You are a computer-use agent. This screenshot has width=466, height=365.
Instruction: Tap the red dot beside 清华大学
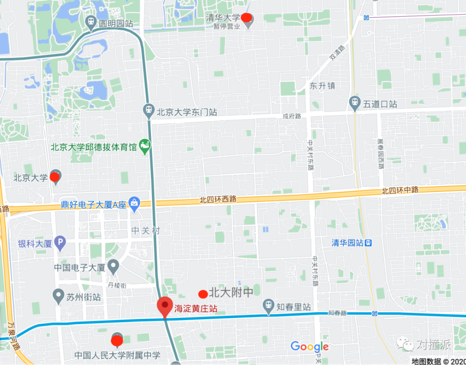(x=247, y=18)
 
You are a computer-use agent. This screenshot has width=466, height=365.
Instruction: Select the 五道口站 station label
(x=380, y=104)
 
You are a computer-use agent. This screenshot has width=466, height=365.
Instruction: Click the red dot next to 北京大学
(x=55, y=177)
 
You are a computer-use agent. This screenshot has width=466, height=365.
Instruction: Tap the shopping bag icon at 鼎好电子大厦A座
(x=134, y=204)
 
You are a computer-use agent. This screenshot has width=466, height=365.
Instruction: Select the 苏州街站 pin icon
(x=58, y=296)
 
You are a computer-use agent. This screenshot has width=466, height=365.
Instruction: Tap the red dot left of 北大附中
(x=203, y=294)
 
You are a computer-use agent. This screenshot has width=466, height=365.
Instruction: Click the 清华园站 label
(x=347, y=243)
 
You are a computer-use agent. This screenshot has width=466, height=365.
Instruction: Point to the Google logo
(x=309, y=347)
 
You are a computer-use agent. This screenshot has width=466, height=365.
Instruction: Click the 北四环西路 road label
(x=218, y=199)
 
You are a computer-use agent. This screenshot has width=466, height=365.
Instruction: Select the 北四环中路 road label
(x=400, y=190)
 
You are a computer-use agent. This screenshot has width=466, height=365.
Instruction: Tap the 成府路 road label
(x=292, y=116)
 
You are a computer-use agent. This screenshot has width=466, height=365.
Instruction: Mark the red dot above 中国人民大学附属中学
(x=117, y=340)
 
